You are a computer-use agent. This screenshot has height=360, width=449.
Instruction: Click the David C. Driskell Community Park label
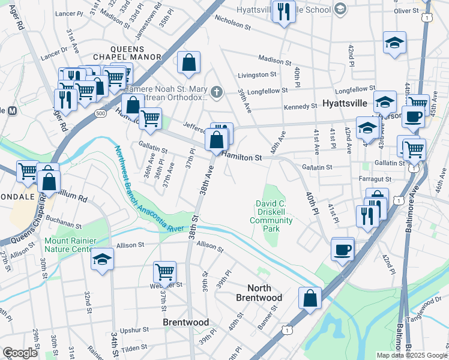(x=272, y=217)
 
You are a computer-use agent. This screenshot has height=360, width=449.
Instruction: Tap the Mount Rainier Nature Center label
(x=70, y=245)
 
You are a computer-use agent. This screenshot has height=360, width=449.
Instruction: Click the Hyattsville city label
(x=345, y=103)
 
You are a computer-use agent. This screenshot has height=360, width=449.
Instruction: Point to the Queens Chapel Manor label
(x=136, y=53)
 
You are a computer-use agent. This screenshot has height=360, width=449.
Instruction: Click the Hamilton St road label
(x=243, y=157)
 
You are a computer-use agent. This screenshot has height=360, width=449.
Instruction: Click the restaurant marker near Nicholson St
(x=283, y=10)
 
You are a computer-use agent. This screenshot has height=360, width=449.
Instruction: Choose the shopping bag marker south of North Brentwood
(x=309, y=298)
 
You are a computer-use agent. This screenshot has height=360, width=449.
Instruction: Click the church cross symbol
(x=217, y=92)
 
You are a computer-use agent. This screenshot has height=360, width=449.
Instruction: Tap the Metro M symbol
(x=11, y=110)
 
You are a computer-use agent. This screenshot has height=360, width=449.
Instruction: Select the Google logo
(x=20, y=353)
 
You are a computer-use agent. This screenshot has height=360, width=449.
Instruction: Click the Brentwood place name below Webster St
(x=186, y=322)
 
